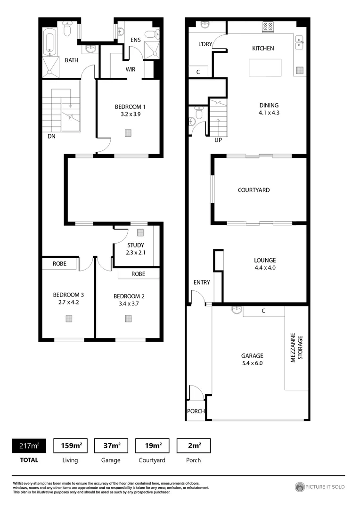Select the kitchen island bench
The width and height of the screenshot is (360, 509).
(x=265, y=67)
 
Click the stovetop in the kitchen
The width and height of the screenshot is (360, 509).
(x=268, y=27)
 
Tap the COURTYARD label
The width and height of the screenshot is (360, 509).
(x=254, y=190)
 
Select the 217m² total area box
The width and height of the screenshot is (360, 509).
(x=29, y=445)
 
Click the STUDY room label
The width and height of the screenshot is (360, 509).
(x=136, y=245)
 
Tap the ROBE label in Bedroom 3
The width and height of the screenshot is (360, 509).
(x=59, y=264)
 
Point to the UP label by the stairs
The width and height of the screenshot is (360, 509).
(x=218, y=140)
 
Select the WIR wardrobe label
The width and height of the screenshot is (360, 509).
(x=131, y=69)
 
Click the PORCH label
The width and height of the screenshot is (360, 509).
(x=196, y=411)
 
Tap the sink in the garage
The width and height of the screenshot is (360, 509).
(x=236, y=310)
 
